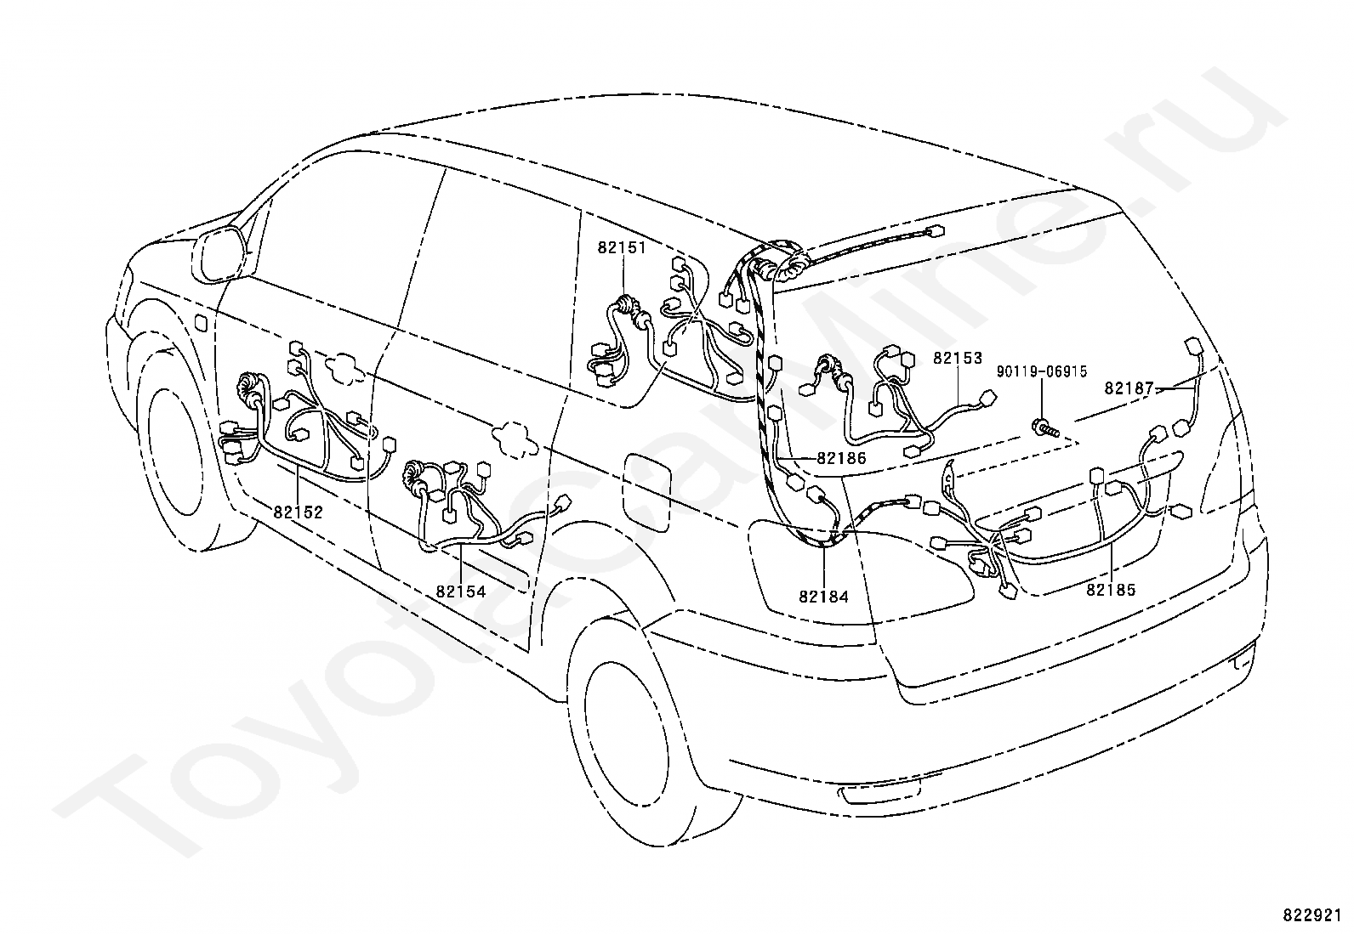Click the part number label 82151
[622, 247]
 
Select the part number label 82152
[298, 512]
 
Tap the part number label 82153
[958, 358]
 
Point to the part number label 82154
[461, 592]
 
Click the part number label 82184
[823, 597]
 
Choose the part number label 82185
[1111, 589]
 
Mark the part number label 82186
[841, 458]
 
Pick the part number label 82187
[1129, 388]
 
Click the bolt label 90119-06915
[1042, 371]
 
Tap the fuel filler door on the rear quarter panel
[646, 492]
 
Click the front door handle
[344, 366]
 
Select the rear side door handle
[515, 438]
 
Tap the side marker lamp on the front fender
[202, 323]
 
